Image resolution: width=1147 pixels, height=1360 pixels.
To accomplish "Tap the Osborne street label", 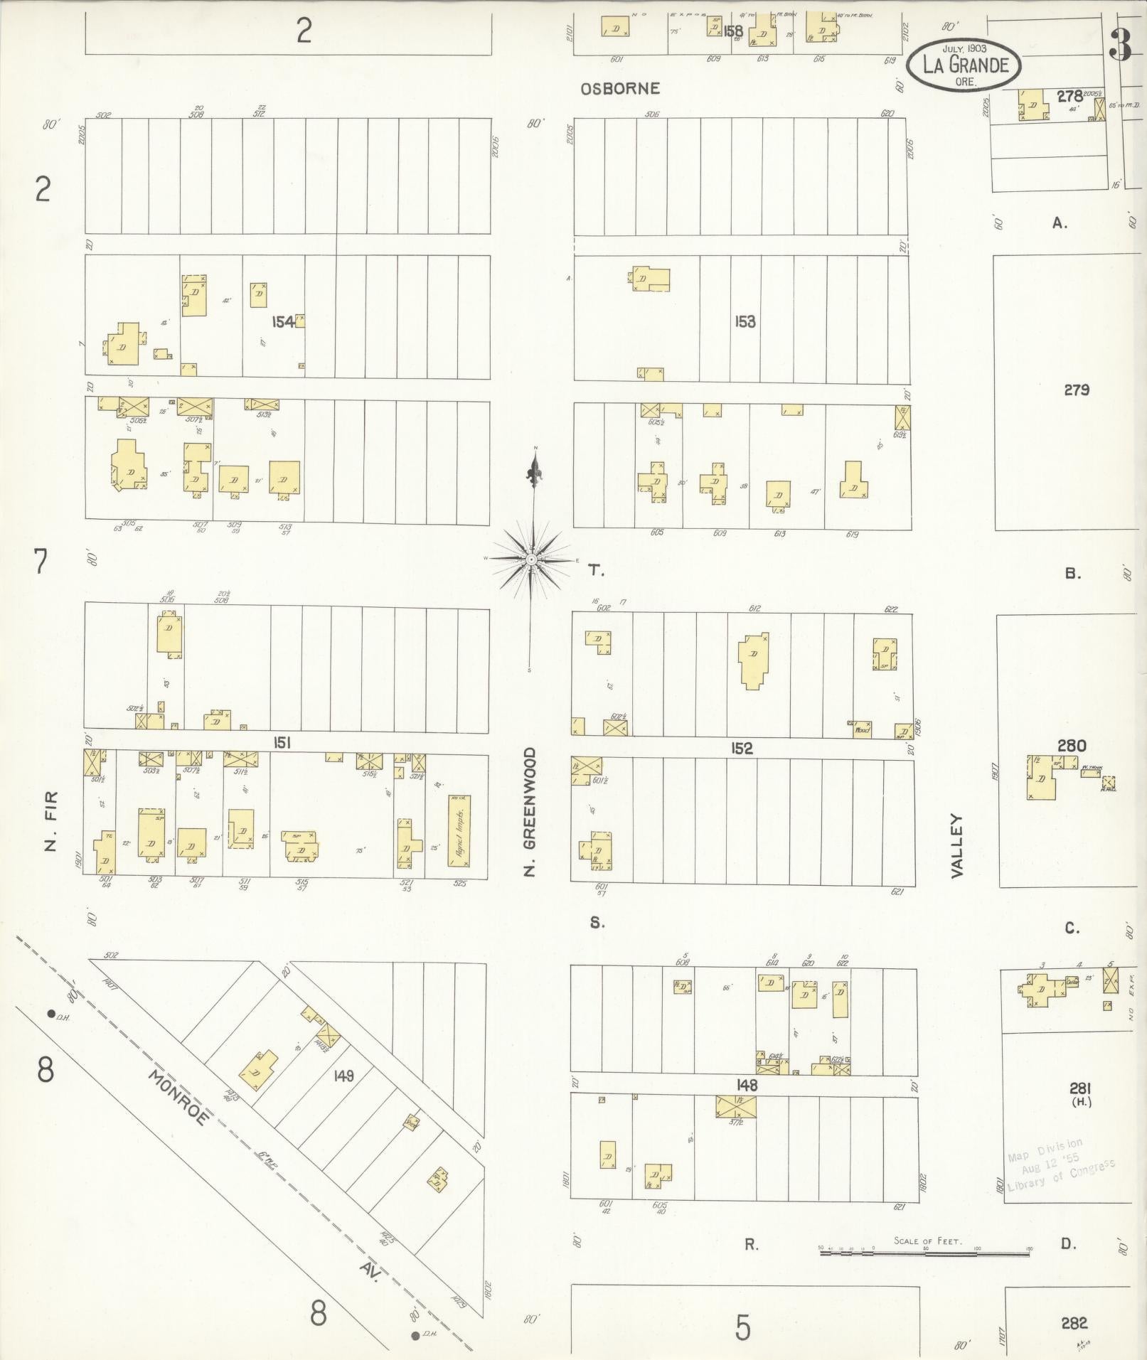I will point(619,89).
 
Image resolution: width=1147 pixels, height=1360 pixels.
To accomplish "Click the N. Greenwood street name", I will point(529,811).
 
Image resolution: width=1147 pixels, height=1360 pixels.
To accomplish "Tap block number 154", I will point(283,322).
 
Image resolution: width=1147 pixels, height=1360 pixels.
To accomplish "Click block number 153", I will point(745,322).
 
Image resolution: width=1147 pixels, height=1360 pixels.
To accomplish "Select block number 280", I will point(1071,746).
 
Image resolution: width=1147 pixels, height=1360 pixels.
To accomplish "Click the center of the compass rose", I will point(531,559).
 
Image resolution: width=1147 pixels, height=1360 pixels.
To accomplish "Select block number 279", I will point(1077,390).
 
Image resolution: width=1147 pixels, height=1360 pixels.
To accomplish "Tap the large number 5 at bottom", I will point(742,1327).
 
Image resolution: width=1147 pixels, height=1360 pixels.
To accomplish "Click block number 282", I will point(1074,1323).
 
